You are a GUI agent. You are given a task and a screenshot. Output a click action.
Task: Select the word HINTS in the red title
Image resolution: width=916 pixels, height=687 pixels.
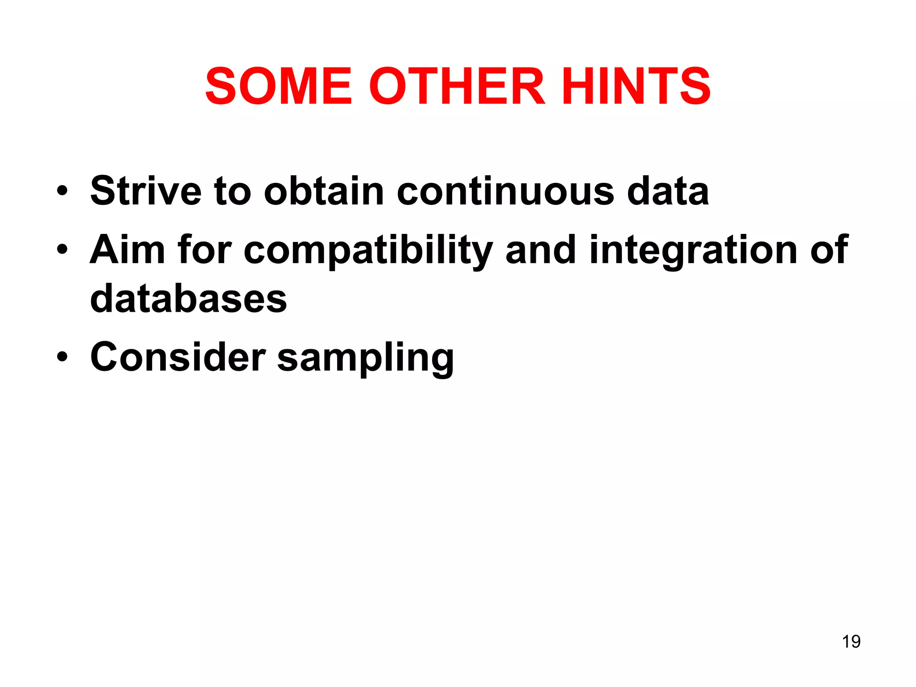[x=636, y=86]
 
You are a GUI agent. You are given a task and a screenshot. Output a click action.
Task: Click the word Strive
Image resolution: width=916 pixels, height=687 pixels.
[x=146, y=191]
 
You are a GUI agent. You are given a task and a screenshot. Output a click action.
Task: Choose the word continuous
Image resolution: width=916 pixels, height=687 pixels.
[x=505, y=191]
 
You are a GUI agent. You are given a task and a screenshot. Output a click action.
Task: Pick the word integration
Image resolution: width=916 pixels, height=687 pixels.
[x=693, y=250]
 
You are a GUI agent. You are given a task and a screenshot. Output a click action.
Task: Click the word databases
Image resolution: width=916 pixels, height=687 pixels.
[x=188, y=299]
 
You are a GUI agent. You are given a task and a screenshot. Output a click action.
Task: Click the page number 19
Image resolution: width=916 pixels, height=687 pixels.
[x=851, y=641]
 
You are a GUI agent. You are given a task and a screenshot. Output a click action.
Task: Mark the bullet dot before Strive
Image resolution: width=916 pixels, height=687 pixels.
[x=62, y=192]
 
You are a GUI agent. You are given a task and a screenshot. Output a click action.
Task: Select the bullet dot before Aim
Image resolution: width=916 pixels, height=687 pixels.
[x=62, y=250]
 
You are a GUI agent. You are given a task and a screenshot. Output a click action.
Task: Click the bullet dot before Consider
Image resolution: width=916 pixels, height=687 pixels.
[x=62, y=357]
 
